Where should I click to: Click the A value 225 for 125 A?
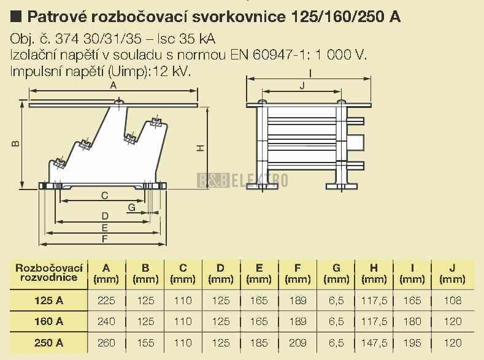106,300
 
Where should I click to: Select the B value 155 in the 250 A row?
145,343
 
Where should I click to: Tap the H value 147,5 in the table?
374,343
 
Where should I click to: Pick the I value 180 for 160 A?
412,321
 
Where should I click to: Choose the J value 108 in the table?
453,300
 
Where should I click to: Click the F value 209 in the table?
298,343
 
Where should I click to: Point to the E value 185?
259,343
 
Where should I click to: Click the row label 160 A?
49,321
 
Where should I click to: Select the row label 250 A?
49,343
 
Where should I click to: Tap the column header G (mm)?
336,274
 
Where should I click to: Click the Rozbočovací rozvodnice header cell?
49,272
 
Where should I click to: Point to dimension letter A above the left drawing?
113,85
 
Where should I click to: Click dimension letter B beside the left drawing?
15,144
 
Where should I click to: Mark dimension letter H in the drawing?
201,148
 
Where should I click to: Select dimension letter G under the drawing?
132,207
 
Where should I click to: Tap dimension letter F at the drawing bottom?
105,239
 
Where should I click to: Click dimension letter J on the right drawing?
302,85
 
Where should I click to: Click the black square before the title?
16,17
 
